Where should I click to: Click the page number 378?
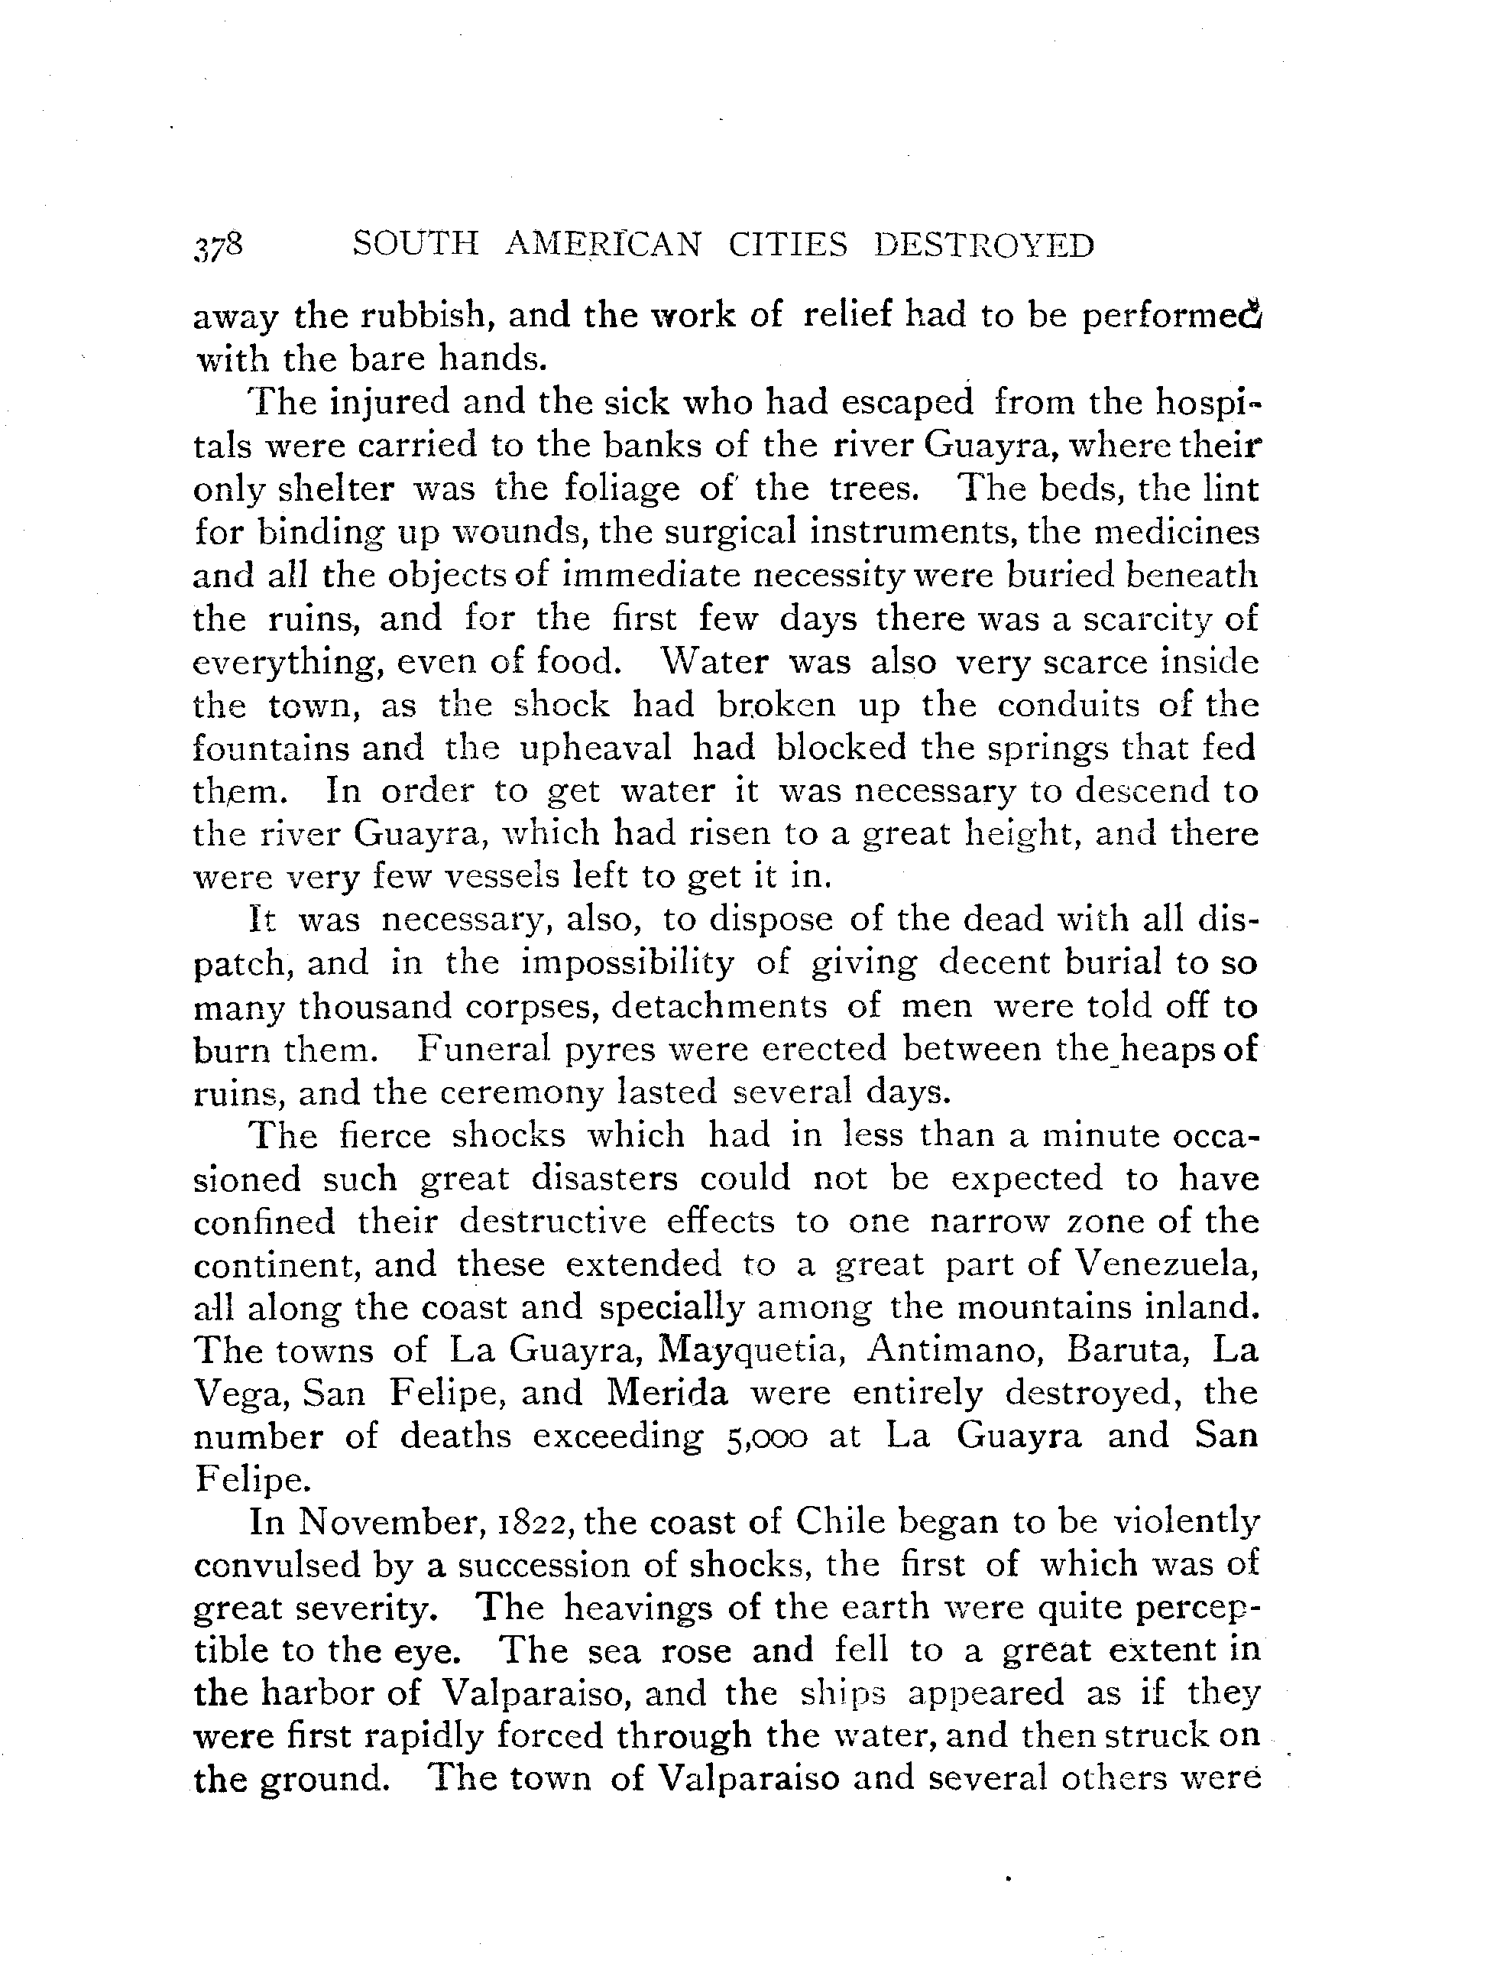coord(218,246)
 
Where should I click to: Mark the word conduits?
coord(1069,706)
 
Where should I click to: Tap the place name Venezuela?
coord(1165,1264)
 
